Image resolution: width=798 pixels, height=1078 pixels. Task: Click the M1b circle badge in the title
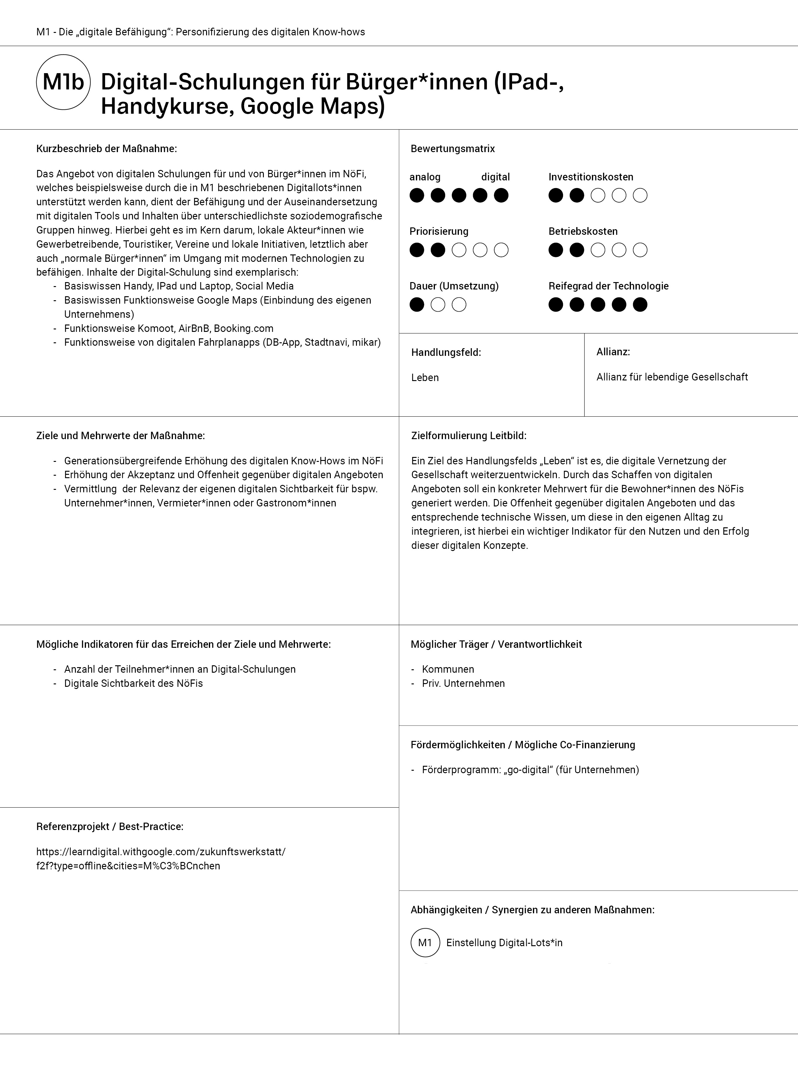[63, 82]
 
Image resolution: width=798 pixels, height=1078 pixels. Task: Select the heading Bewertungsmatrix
[453, 149]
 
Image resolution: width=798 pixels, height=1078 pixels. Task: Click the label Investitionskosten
[591, 177]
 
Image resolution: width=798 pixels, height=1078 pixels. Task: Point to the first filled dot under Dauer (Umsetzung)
[417, 305]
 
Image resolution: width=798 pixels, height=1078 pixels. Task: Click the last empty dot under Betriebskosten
[640, 250]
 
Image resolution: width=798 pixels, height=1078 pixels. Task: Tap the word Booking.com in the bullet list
[244, 329]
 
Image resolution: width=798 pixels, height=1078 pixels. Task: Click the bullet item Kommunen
[448, 669]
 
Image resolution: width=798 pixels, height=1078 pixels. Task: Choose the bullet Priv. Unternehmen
[463, 683]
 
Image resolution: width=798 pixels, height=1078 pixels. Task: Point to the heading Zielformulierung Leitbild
[468, 436]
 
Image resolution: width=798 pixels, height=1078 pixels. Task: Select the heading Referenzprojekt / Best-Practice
[110, 827]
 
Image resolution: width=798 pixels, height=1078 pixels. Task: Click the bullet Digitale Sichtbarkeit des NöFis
[133, 683]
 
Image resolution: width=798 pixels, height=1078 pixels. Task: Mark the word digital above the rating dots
[495, 177]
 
